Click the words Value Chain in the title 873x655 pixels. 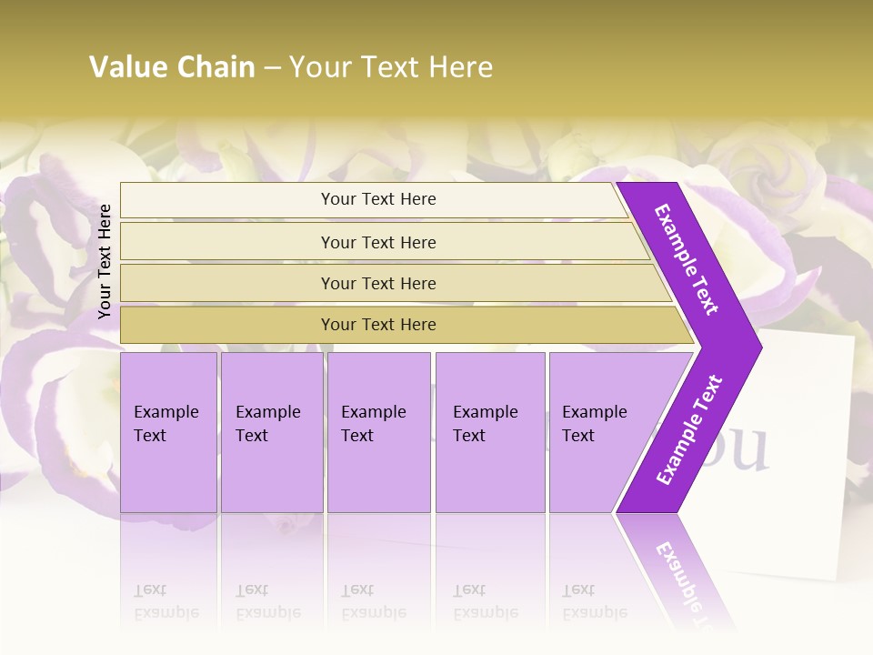click(172, 67)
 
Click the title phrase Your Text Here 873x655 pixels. click(390, 67)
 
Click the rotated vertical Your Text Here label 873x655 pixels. click(105, 261)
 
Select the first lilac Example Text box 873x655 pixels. click(168, 432)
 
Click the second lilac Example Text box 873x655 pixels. click(271, 432)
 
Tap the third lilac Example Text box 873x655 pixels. click(378, 432)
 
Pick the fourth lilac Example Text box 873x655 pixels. click(490, 432)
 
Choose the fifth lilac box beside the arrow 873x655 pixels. click(600, 432)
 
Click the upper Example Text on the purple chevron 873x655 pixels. click(687, 259)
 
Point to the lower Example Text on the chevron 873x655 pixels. click(689, 429)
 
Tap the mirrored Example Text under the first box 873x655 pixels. click(166, 601)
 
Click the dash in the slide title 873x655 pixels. click(272, 68)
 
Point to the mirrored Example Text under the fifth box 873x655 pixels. click(595, 601)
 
